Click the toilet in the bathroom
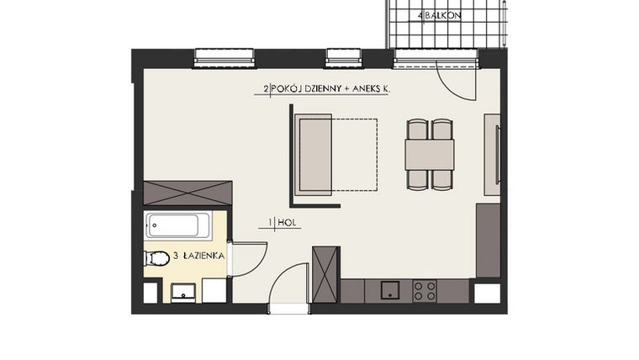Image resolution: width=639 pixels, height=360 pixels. [x=156, y=257]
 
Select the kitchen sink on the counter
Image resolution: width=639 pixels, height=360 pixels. [x=390, y=291]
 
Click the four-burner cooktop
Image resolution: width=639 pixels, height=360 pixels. [x=424, y=291]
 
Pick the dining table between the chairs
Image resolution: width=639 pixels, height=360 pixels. [x=429, y=155]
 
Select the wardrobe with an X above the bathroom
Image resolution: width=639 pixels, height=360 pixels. [x=187, y=193]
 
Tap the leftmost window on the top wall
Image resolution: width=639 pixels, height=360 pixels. [x=224, y=58]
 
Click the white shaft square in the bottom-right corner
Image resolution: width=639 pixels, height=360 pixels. [x=487, y=294]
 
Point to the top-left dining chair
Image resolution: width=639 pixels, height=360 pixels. [x=417, y=130]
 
